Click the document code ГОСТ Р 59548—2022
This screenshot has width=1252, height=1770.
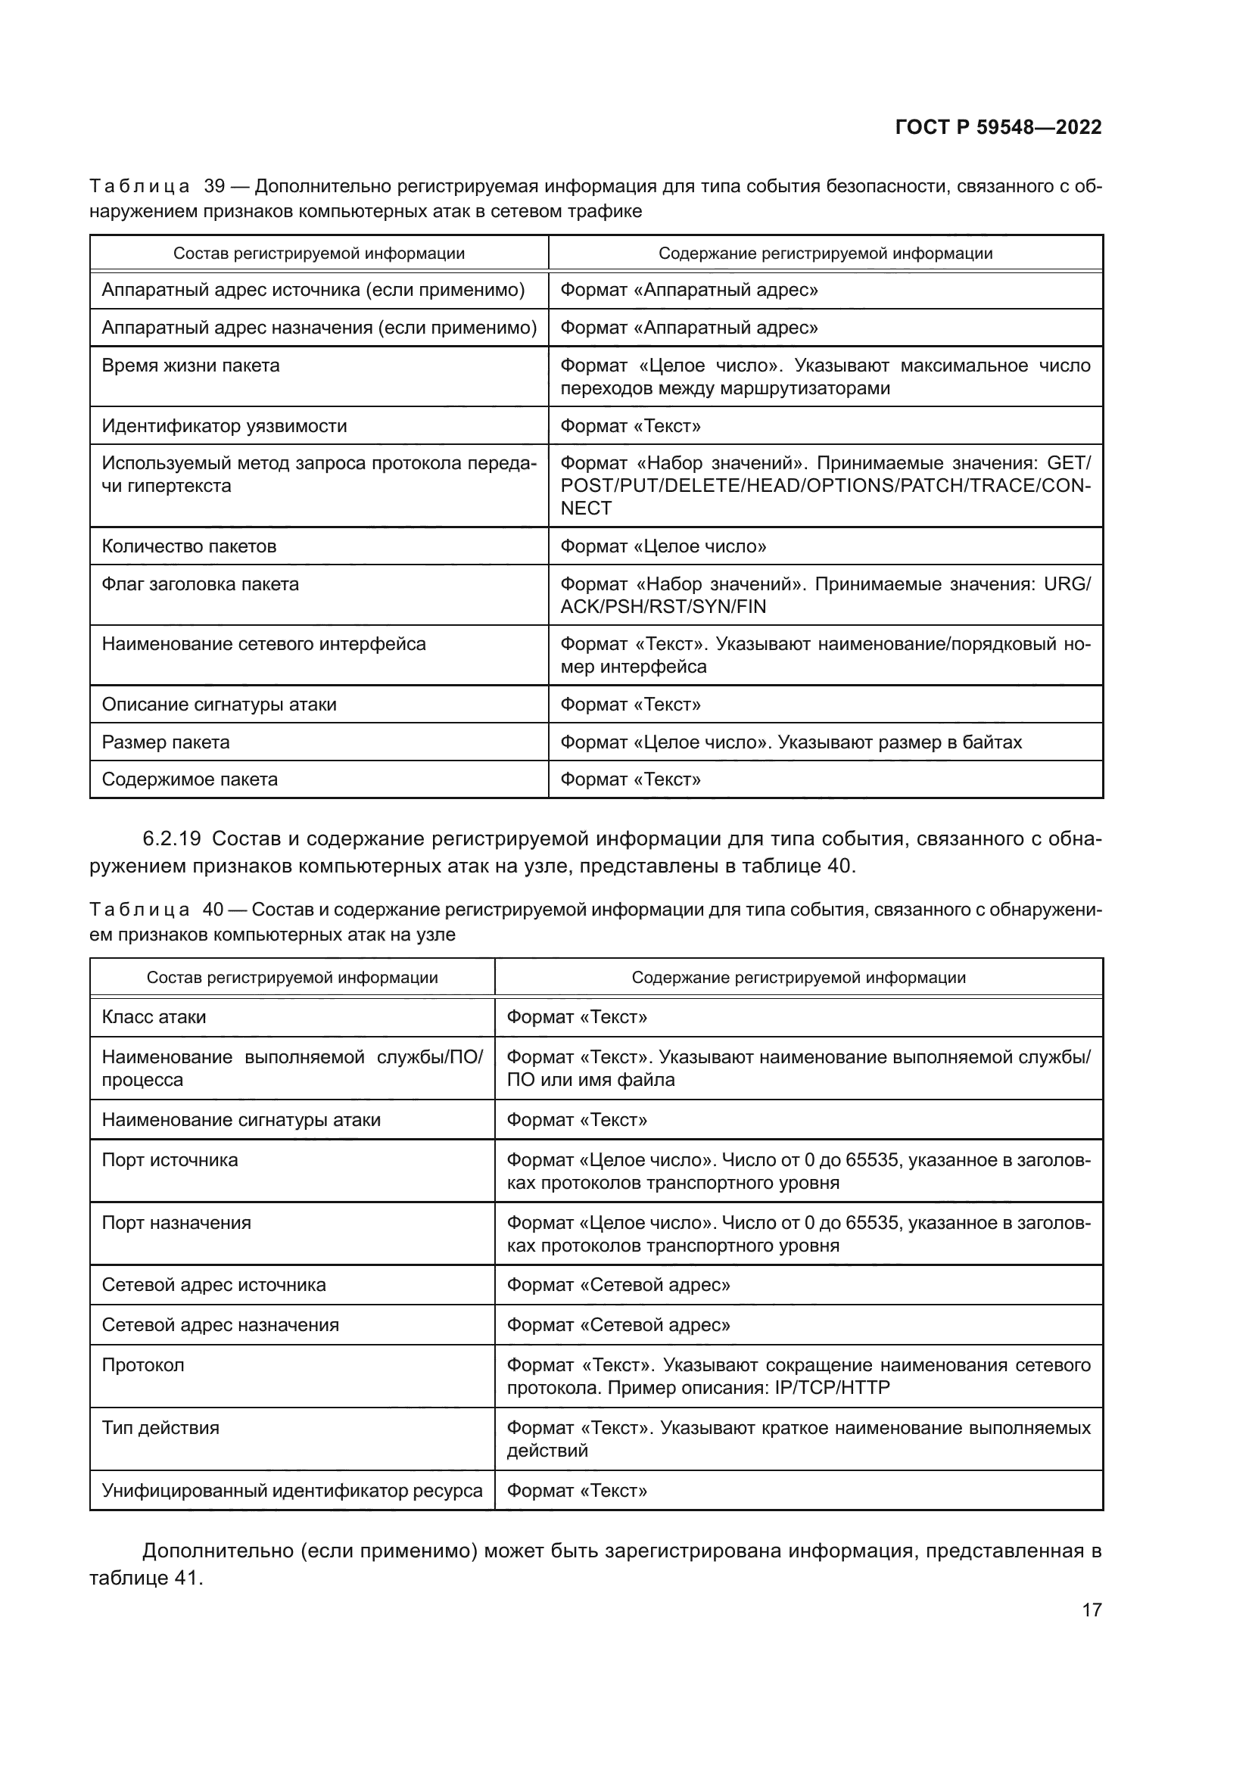(x=998, y=128)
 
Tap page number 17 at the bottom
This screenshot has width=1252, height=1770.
(x=1091, y=1610)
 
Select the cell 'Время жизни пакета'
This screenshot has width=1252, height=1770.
(x=191, y=366)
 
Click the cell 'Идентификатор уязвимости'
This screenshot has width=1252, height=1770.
(x=223, y=426)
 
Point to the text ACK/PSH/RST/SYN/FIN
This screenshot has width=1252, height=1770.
(x=663, y=607)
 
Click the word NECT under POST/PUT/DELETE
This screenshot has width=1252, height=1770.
(x=586, y=509)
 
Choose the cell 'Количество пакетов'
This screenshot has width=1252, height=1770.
(x=189, y=546)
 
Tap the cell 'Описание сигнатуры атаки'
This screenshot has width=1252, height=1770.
(x=219, y=705)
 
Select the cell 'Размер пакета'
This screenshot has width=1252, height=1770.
(x=166, y=742)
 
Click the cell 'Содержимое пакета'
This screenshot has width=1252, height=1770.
(x=190, y=779)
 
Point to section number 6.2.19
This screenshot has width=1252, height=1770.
(x=171, y=838)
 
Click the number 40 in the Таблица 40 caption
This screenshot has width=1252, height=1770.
(x=213, y=910)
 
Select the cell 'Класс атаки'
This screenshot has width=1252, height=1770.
(x=154, y=1017)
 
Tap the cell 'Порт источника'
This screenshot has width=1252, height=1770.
(x=170, y=1160)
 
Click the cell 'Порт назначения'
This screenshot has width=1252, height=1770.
(x=176, y=1223)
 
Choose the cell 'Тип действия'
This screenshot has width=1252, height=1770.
(x=160, y=1428)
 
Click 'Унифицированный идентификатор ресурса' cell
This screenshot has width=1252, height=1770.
(x=291, y=1490)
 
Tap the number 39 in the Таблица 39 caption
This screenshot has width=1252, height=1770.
(x=213, y=187)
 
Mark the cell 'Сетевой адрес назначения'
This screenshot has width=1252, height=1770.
(x=220, y=1324)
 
